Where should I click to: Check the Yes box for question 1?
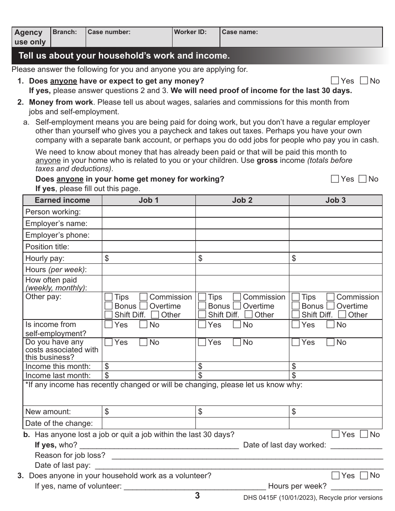[x=335, y=81]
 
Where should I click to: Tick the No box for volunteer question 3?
[x=364, y=475]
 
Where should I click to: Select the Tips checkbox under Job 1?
[x=109, y=297]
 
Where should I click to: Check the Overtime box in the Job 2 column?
[x=237, y=306]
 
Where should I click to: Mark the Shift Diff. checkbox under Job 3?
[x=296, y=315]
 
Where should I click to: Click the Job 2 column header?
[x=242, y=200]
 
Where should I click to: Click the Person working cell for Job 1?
[x=148, y=212]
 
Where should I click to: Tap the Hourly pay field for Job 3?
[x=336, y=258]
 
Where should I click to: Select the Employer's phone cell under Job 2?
[x=242, y=235]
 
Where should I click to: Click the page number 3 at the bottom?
[x=197, y=496]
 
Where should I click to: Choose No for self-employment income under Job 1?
[x=143, y=325]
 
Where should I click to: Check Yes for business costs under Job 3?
[x=296, y=342]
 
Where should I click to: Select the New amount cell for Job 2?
[x=242, y=412]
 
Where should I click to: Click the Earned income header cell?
[x=62, y=200]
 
